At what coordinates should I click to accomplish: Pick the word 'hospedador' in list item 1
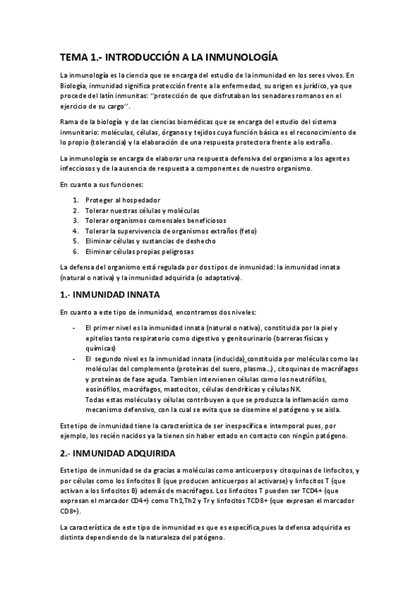139,200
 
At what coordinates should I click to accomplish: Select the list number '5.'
75,240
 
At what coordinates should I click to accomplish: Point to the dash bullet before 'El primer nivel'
75,328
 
